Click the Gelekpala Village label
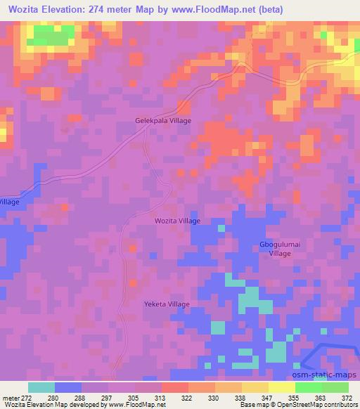point(163,120)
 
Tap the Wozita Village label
point(177,221)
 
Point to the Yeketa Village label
point(167,304)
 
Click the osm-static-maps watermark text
point(326,375)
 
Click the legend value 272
point(27,397)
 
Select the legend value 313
point(162,397)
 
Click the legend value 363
point(320,397)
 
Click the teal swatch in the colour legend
point(41,387)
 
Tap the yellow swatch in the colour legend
point(281,387)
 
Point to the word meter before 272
point(11,397)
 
